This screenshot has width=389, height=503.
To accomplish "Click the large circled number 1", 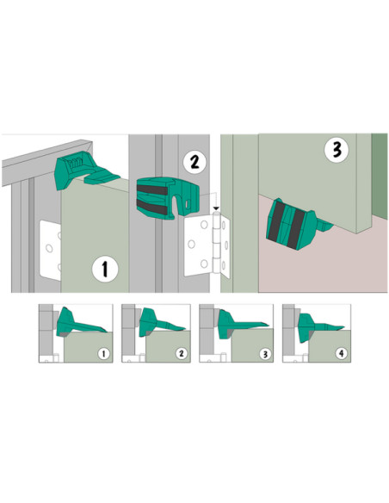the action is (105, 269).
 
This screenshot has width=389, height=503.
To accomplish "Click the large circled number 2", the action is (194, 162).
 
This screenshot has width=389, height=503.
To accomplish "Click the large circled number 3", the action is (337, 150).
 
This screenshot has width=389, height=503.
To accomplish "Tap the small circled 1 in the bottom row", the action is (103, 354).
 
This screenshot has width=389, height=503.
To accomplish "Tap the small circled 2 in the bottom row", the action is (182, 353).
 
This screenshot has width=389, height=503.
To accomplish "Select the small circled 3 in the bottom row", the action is (265, 354).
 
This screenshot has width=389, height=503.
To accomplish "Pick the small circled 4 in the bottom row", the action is (341, 353).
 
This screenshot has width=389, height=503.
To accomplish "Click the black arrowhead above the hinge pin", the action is (217, 208).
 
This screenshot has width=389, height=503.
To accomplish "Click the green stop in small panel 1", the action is (78, 322).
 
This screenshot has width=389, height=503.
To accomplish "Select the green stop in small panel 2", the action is (158, 322).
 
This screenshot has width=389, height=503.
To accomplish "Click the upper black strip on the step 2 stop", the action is (151, 189).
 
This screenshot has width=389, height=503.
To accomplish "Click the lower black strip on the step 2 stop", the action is (151, 207).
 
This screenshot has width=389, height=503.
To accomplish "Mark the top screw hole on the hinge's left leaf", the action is (204, 225).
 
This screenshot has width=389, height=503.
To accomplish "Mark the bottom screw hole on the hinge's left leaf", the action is (204, 264).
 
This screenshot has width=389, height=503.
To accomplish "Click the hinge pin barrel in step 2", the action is (217, 242).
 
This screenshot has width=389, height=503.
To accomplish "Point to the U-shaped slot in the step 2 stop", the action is (175, 205).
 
